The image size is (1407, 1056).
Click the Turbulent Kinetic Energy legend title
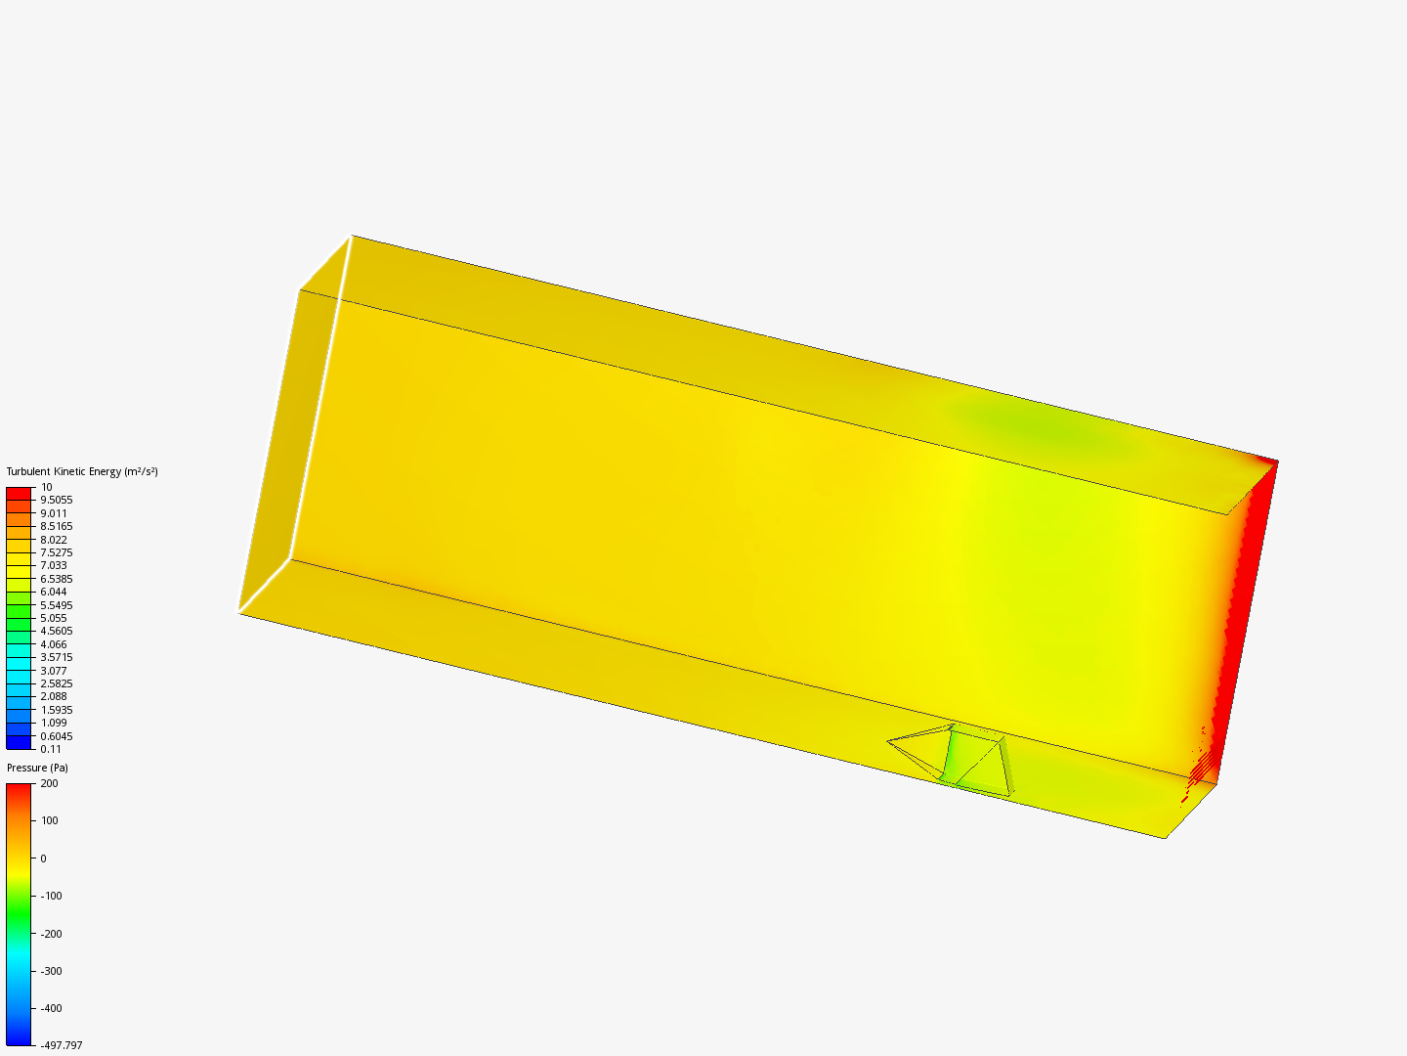(82, 472)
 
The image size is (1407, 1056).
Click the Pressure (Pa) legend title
(37, 768)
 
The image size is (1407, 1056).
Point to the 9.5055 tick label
(57, 500)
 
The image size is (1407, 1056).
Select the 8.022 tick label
(54, 540)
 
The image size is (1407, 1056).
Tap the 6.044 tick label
(54, 592)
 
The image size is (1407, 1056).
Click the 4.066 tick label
(54, 644)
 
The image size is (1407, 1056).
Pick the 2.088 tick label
(54, 696)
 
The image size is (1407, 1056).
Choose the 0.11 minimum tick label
(51, 749)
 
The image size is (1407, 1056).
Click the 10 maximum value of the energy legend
(46, 487)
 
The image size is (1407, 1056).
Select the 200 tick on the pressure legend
(50, 783)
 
